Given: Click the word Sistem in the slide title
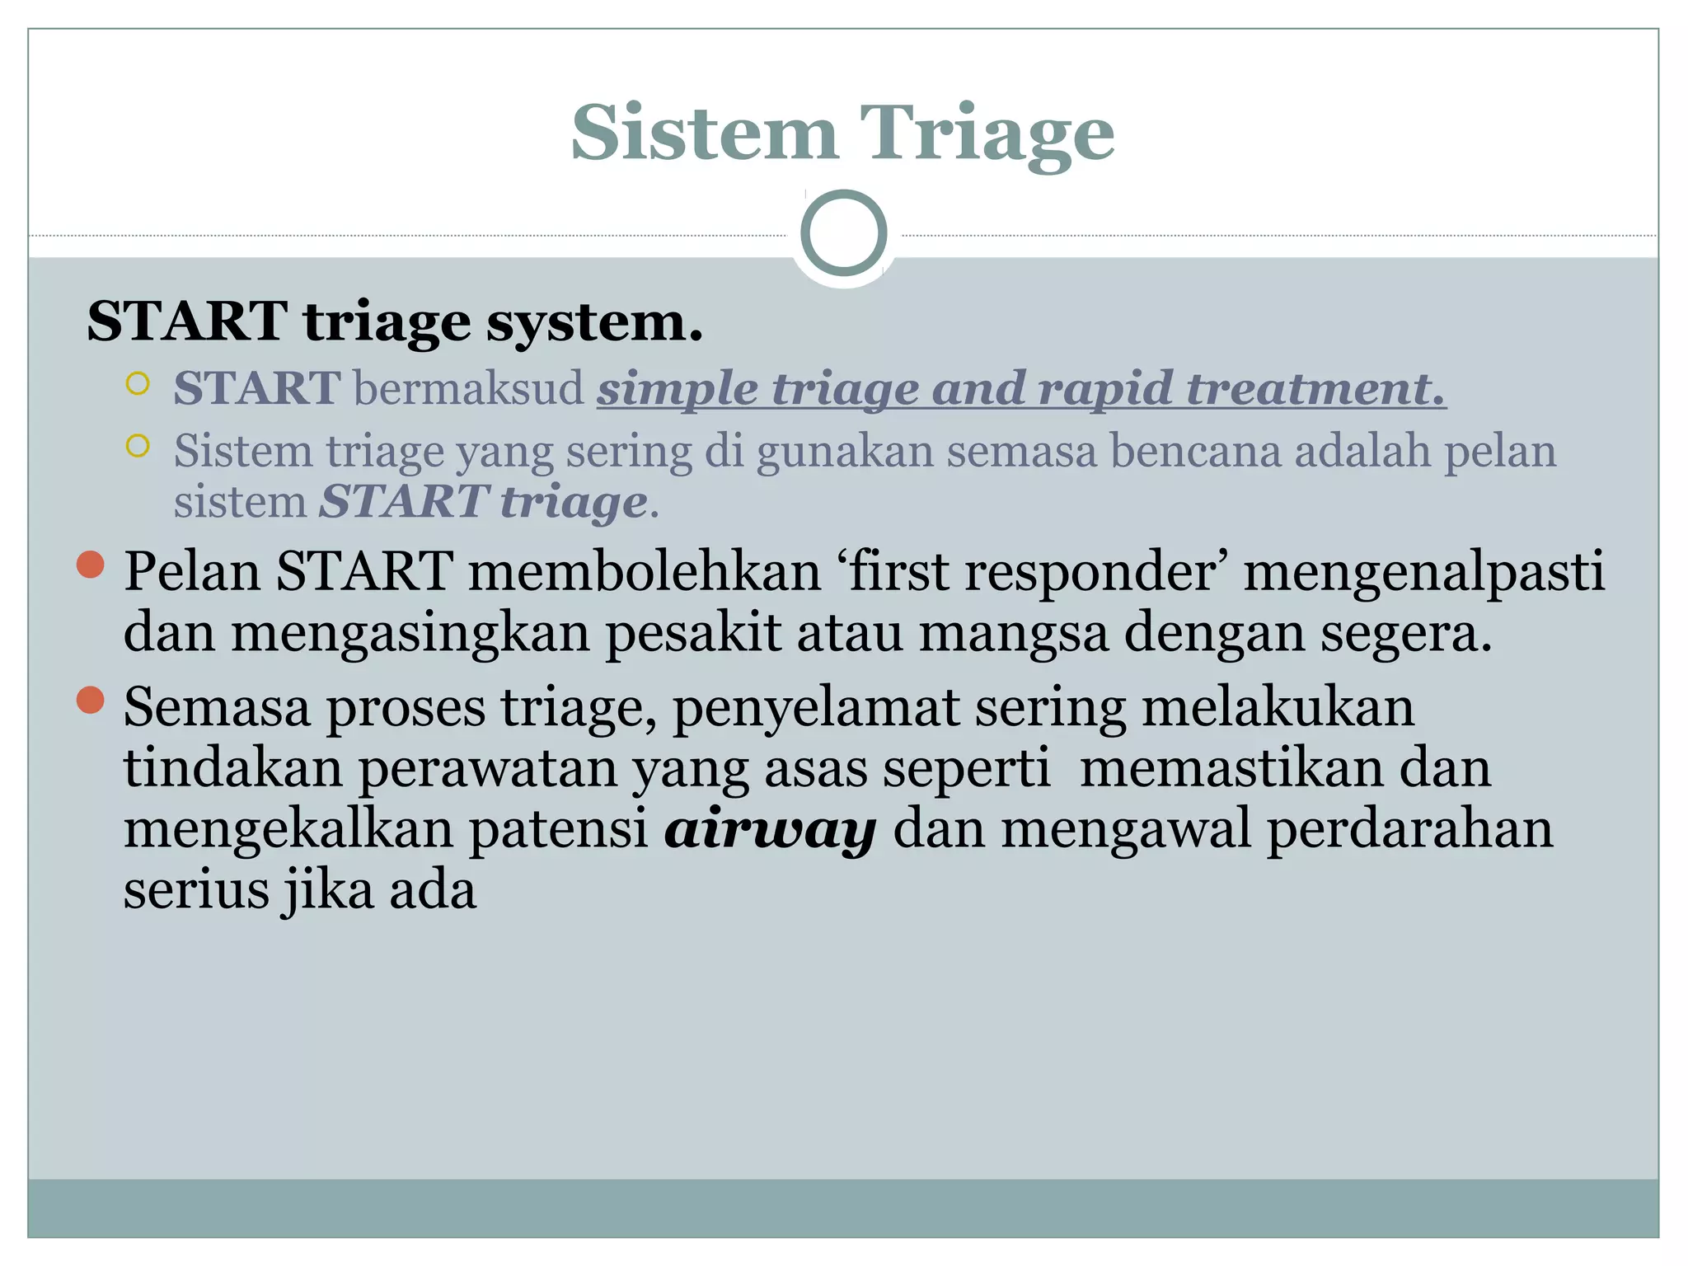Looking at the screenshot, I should coord(705,134).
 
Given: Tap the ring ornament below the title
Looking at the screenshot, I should coord(843,233).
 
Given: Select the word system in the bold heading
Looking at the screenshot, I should coord(593,321).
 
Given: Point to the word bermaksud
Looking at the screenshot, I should coord(468,387).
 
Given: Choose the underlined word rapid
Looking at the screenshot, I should coord(1103,389).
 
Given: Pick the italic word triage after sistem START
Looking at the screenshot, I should coord(574,502).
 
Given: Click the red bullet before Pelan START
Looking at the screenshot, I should coord(90,565).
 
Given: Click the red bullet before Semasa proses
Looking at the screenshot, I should coord(90,700).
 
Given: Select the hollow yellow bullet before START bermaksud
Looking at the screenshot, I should coord(138,383).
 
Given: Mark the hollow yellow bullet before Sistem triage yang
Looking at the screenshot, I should coord(138,446).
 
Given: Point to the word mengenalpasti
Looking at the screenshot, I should coord(1424,571).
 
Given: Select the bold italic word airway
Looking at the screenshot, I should coord(770,829).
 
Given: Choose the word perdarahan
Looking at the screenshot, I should coord(1409,829).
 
